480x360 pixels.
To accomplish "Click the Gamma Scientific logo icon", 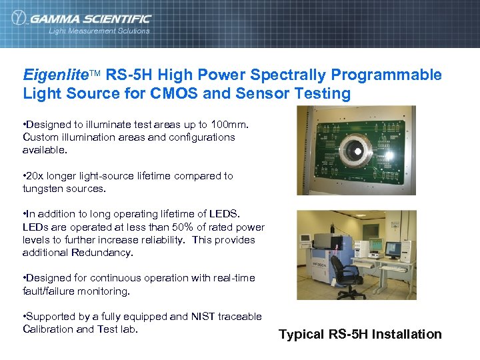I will pos(19,19).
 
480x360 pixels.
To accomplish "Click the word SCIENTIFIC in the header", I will pos(117,19).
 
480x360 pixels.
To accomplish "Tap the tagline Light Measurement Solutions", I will pos(99,31).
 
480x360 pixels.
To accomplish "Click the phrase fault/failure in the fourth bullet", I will pos(51,291).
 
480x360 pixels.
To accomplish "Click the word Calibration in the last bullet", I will pos(48,329).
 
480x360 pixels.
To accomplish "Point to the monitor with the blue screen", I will pos(393,249).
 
